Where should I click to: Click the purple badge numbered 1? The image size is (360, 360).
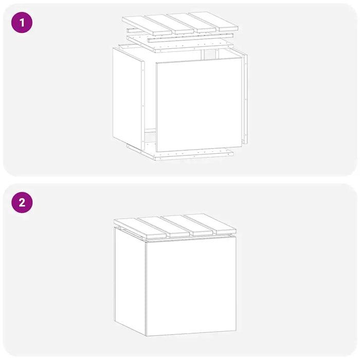22,23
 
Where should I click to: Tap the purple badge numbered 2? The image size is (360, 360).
22,203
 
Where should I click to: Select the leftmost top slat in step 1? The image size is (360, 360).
147,26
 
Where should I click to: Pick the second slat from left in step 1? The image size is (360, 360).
169,24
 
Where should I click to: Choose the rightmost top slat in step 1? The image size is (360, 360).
213,22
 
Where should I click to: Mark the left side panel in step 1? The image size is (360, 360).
129,99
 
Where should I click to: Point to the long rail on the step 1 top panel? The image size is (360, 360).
191,38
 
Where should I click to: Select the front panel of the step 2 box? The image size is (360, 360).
191,286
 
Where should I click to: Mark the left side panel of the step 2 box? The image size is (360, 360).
130,281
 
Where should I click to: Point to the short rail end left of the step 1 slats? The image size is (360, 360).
131,30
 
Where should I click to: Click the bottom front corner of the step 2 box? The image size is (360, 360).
146,336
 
